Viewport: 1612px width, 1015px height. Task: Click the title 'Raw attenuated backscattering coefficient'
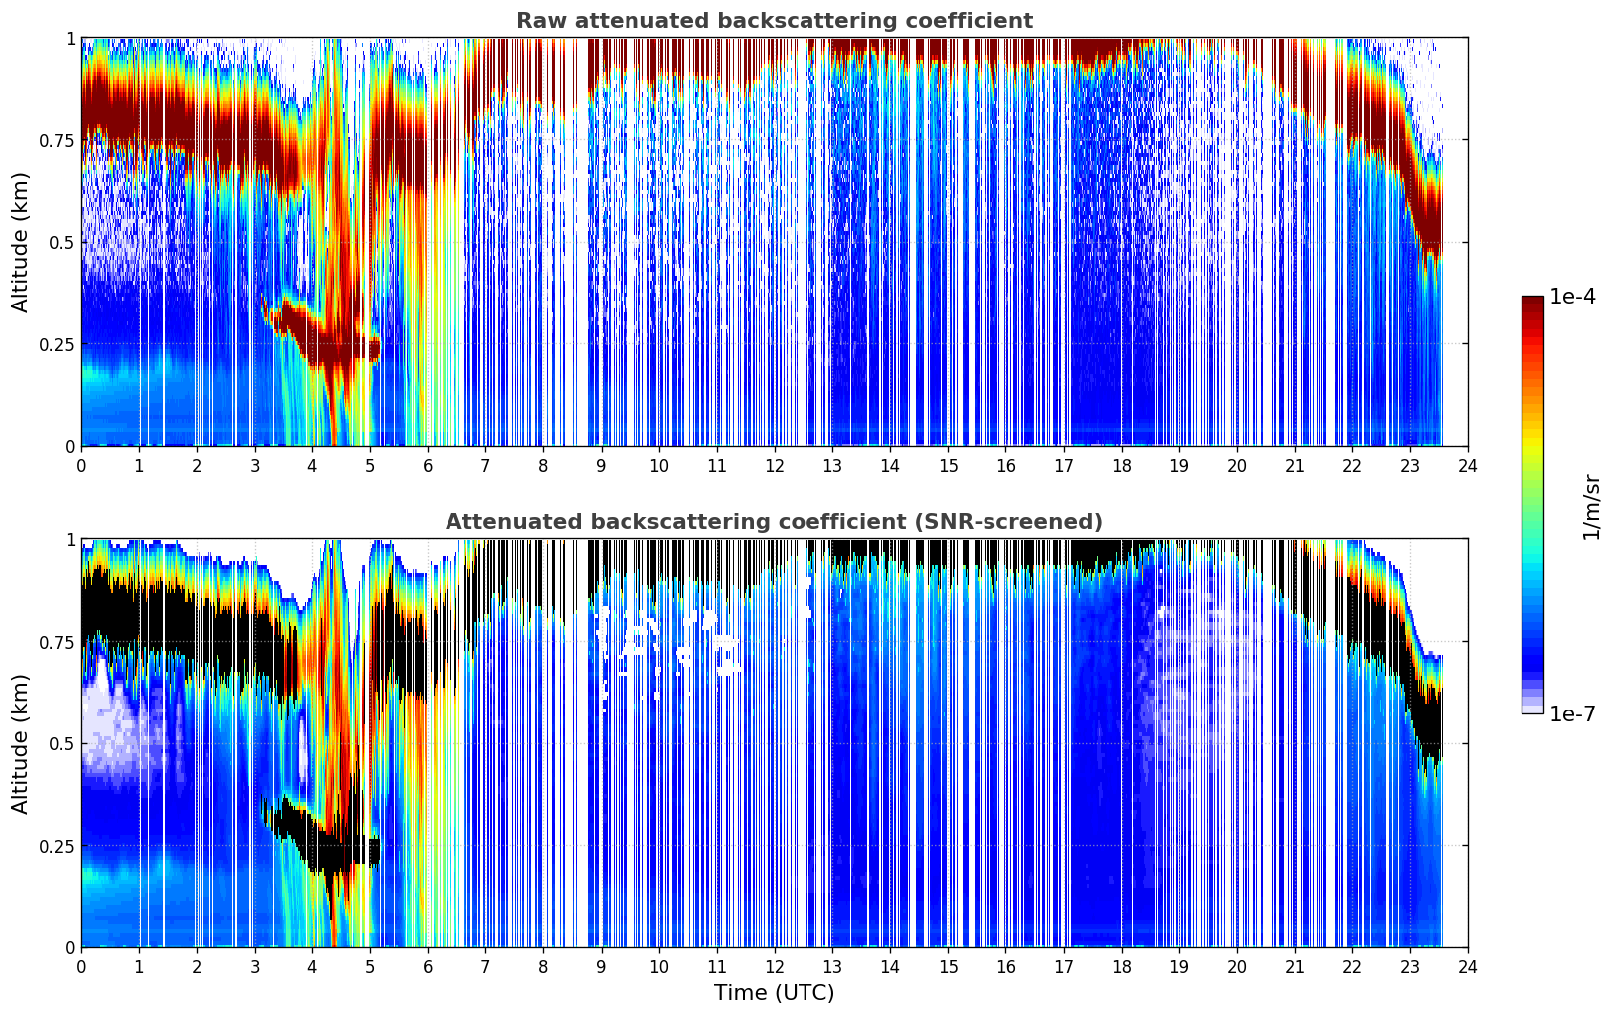click(774, 21)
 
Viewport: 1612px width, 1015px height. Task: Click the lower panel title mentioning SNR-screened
click(774, 522)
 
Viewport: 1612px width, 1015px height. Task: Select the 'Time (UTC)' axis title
click(774, 993)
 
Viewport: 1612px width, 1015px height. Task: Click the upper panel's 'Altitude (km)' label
click(21, 242)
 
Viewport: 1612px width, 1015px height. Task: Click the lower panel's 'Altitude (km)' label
click(21, 743)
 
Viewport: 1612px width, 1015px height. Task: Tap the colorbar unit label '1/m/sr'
click(1591, 507)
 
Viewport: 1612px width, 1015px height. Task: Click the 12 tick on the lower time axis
click(775, 967)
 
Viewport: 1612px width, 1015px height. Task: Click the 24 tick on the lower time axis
click(1468, 967)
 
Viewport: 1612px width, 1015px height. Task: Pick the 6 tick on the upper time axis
click(428, 466)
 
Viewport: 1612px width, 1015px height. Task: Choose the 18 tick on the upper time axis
click(1121, 466)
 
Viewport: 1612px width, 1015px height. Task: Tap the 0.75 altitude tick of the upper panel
click(57, 140)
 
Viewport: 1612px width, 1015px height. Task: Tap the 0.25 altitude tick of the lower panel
click(57, 846)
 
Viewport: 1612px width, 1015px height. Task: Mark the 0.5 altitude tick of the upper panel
click(63, 242)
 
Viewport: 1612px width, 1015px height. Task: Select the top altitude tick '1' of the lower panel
click(70, 539)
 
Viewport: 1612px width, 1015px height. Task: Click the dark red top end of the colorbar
click(1532, 302)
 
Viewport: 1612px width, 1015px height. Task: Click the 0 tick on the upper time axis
click(82, 466)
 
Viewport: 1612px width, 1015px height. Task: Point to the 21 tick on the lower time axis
click(1294, 967)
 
